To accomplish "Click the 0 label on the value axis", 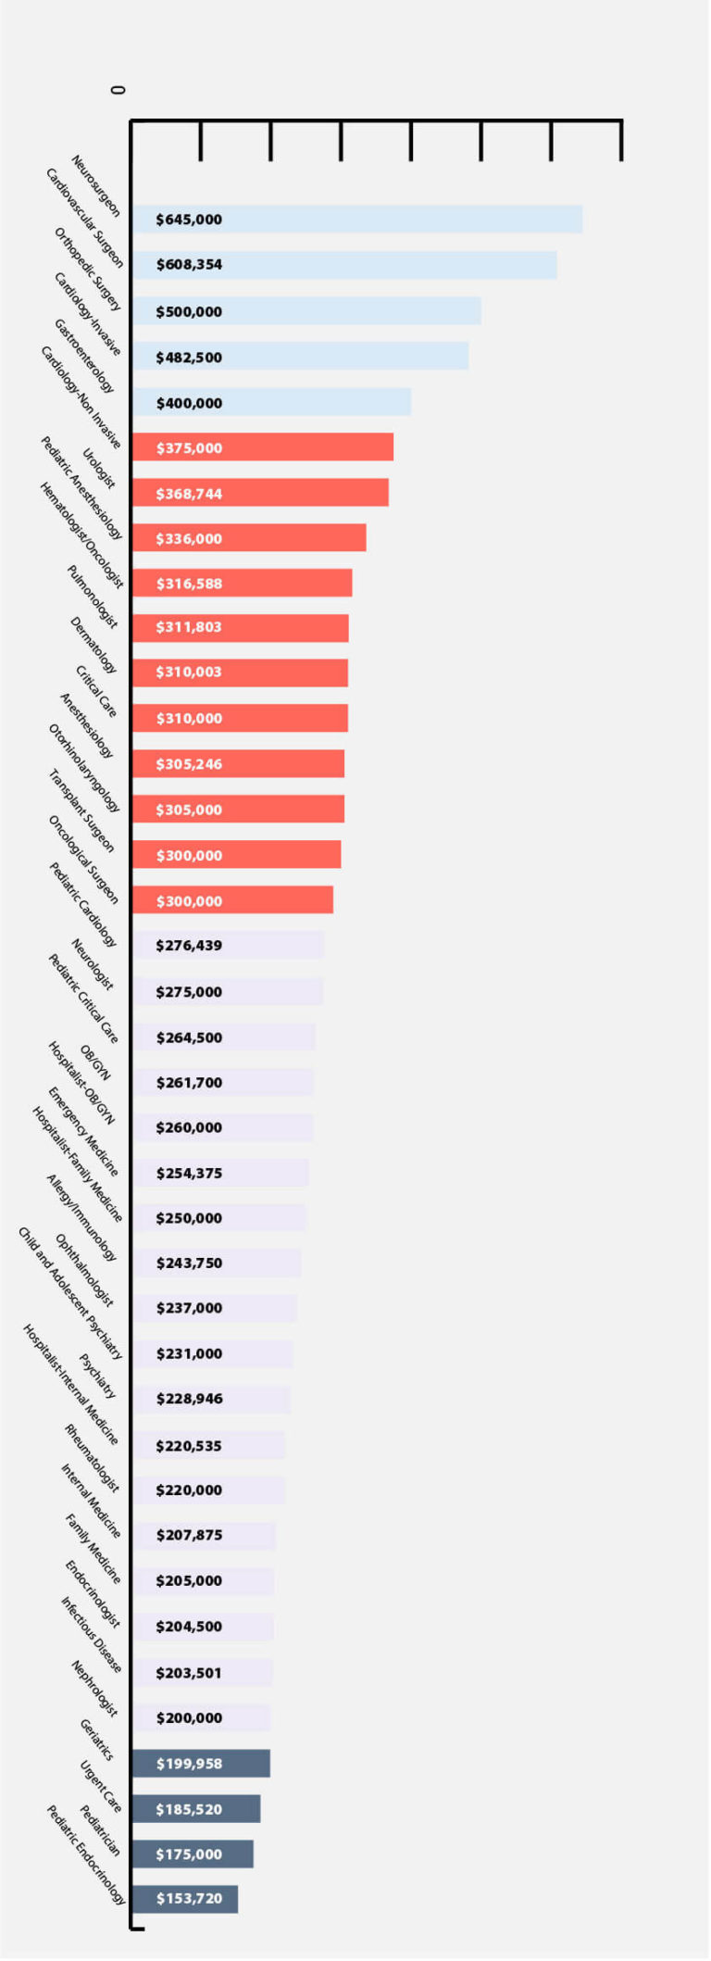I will click(x=118, y=90).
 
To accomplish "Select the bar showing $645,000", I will click(x=356, y=220).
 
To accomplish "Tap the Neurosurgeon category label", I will click(x=96, y=185).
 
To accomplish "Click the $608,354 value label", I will click(x=189, y=265).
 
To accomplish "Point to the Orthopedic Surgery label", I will click(x=88, y=270).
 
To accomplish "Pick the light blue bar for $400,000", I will click(x=270, y=403).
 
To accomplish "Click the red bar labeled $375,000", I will click(x=262, y=447).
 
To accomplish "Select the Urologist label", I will click(x=99, y=469).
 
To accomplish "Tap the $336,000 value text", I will click(x=189, y=539).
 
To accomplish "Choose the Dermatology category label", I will click(x=94, y=645).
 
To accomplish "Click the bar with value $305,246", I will click(x=238, y=764).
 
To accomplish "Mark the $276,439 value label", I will click(x=189, y=946).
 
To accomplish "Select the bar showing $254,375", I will click(x=219, y=1173).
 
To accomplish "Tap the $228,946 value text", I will click(x=189, y=1399).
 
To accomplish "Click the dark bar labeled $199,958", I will click(x=201, y=1764).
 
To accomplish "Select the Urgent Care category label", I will click(x=100, y=1786).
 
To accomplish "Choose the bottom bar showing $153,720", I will click(x=184, y=1899).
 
